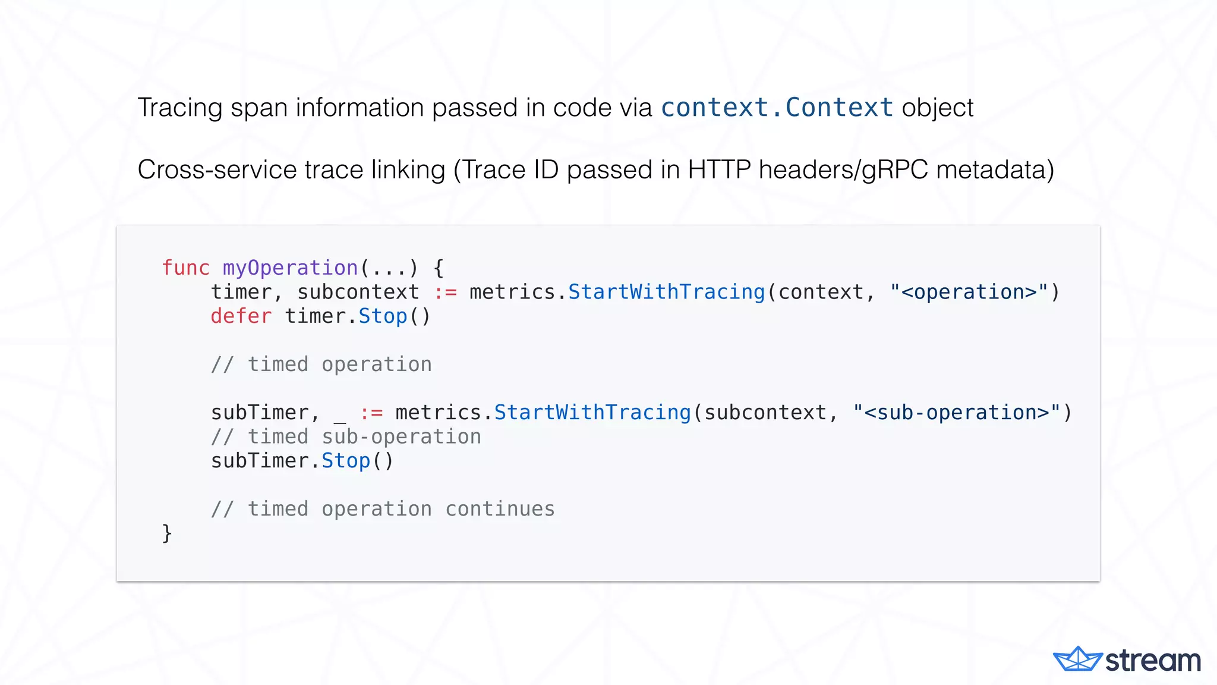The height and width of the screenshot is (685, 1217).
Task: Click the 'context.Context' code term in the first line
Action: click(777, 108)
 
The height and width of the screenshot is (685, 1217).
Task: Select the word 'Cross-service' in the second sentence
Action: click(217, 170)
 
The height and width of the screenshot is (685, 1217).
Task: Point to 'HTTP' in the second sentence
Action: click(719, 170)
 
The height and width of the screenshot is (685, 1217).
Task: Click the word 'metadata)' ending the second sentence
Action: click(995, 170)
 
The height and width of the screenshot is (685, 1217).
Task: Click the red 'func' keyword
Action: click(186, 268)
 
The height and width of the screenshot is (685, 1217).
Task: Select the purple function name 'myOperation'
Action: click(290, 268)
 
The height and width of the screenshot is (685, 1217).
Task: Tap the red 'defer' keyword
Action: click(241, 316)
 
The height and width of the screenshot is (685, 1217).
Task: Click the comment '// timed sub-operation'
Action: click(346, 437)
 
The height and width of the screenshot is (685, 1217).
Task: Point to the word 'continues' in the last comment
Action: click(500, 509)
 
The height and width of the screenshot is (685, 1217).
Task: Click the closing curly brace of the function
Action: click(167, 533)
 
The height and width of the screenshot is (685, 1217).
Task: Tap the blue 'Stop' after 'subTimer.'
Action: click(346, 461)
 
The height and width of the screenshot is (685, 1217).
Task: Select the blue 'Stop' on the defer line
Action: click(383, 316)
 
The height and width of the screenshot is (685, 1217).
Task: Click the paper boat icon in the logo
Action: click(1077, 659)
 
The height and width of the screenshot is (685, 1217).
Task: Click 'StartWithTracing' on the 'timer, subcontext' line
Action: click(666, 293)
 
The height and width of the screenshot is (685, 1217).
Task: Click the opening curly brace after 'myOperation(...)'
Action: click(439, 268)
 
